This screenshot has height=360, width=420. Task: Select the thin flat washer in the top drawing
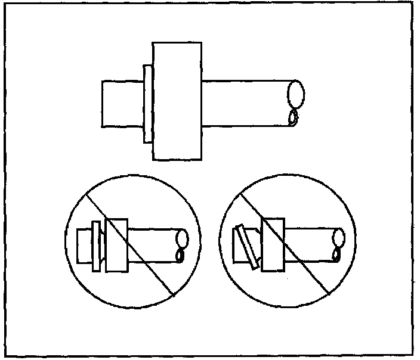click(148, 104)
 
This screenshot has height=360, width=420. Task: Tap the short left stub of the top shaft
click(122, 104)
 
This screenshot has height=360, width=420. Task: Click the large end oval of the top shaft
click(296, 94)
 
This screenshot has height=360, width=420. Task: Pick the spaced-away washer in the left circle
click(95, 245)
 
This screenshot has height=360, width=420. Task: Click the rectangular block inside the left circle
click(116, 245)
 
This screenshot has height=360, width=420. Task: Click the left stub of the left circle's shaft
click(85, 244)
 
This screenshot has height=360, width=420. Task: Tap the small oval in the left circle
click(180, 256)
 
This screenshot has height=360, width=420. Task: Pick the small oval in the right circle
click(337, 255)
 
